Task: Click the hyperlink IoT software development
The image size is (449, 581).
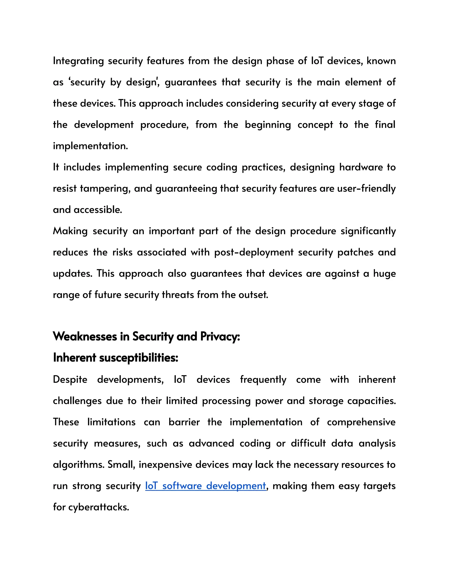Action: (x=205, y=486)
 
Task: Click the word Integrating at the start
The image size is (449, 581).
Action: (x=78, y=61)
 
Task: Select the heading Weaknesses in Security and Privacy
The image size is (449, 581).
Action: (x=146, y=337)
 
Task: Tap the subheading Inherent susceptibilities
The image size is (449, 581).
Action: (x=116, y=358)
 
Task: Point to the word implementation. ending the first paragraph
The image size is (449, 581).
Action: (x=91, y=146)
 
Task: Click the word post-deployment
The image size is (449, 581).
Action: (x=254, y=252)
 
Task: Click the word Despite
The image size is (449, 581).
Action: (x=70, y=380)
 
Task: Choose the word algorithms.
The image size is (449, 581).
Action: (x=78, y=465)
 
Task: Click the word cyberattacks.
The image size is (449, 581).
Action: (x=98, y=507)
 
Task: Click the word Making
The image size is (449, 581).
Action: (x=70, y=231)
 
